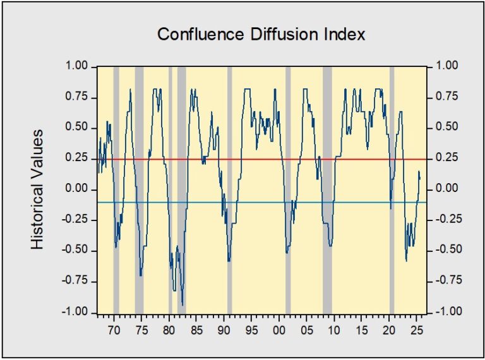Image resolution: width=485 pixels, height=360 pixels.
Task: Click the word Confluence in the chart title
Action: coord(200,34)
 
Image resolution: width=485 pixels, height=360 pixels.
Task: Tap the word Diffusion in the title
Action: coord(284,34)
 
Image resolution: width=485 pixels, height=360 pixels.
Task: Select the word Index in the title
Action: coord(345,34)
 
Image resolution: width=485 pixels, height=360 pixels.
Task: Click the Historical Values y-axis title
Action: coord(37,189)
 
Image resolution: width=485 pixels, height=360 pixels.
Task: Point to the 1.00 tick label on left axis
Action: coord(77,66)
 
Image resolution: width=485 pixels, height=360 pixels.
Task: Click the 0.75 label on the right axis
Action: coord(447,97)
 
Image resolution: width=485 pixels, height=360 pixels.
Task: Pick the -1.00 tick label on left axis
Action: coord(75,312)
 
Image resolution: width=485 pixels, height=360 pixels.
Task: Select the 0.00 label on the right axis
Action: coord(447,188)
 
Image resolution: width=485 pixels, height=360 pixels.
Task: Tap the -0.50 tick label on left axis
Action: coord(75,250)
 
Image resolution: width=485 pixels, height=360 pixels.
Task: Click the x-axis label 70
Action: coord(114,330)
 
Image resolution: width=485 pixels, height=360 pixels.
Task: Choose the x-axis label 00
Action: coord(279,330)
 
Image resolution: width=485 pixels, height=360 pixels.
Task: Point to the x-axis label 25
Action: coord(416,330)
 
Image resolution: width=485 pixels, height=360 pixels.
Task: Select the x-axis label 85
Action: coord(196,330)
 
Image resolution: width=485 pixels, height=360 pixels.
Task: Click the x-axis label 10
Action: coord(333,330)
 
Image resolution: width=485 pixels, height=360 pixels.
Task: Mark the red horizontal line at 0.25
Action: coord(262,160)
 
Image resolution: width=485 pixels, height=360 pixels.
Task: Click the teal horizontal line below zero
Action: coord(262,203)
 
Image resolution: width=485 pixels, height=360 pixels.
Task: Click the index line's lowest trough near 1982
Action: coord(183,305)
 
